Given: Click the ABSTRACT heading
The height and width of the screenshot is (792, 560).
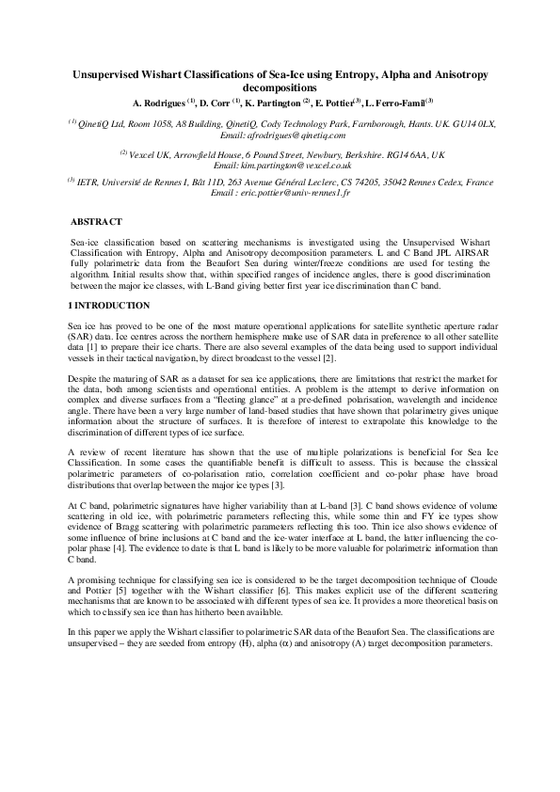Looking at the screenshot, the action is (97, 221).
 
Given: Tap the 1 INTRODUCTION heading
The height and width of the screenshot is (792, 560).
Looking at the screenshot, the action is (109, 307).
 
